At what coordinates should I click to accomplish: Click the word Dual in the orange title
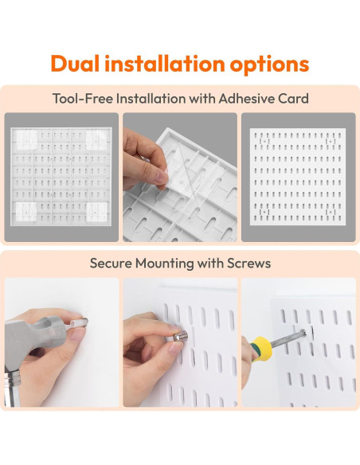pyautogui.click(x=75, y=64)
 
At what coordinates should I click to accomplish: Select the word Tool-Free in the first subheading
pyautogui.click(x=83, y=99)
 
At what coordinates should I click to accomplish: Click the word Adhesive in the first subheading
pyautogui.click(x=247, y=99)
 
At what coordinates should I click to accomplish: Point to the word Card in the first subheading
pyautogui.click(x=294, y=99)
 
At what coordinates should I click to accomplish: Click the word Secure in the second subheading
pyautogui.click(x=111, y=263)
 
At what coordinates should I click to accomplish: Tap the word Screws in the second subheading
pyautogui.click(x=248, y=263)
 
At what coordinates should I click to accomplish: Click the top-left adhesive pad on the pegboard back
pyautogui.click(x=26, y=140)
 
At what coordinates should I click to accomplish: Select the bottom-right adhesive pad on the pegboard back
pyautogui.click(x=96, y=212)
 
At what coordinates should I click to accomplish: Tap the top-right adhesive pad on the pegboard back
pyautogui.click(x=96, y=140)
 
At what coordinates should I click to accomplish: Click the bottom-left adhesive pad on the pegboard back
pyautogui.click(x=26, y=212)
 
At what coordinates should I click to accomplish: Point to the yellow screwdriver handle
pyautogui.click(x=261, y=349)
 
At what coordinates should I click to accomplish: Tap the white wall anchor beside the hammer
pyautogui.click(x=78, y=322)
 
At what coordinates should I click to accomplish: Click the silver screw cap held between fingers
pyautogui.click(x=180, y=336)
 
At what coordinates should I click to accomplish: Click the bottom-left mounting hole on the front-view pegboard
pyautogui.click(x=264, y=212)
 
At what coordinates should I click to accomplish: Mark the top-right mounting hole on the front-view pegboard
pyautogui.click(x=331, y=141)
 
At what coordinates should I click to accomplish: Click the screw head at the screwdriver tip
pyautogui.click(x=303, y=334)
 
